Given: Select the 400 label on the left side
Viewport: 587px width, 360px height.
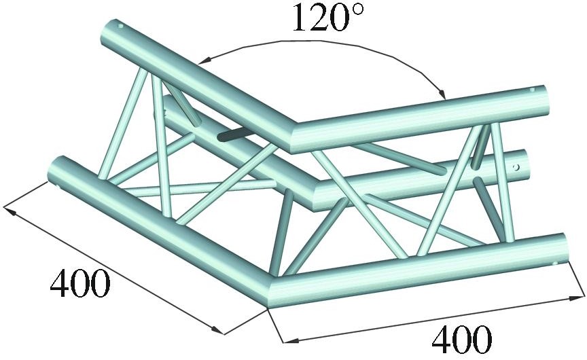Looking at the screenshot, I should (x=80, y=284).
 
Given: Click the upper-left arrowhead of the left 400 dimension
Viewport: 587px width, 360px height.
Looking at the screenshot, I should (x=11, y=209).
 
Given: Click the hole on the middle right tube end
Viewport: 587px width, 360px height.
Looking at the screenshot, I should (x=516, y=166).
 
